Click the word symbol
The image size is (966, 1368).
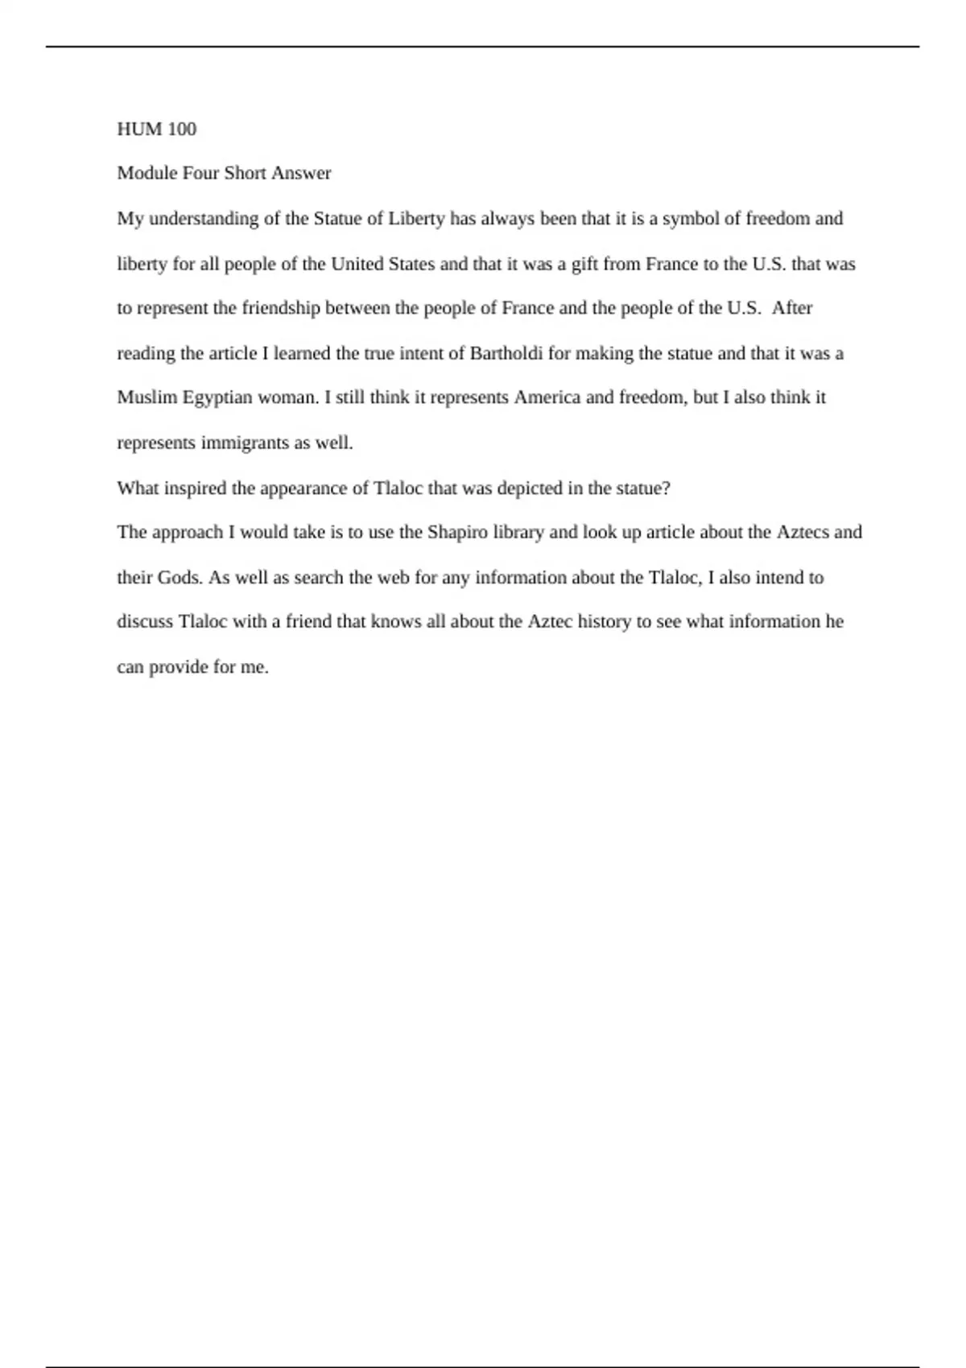[688, 219]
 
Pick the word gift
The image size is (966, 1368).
[584, 264]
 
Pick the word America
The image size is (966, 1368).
[547, 398]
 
